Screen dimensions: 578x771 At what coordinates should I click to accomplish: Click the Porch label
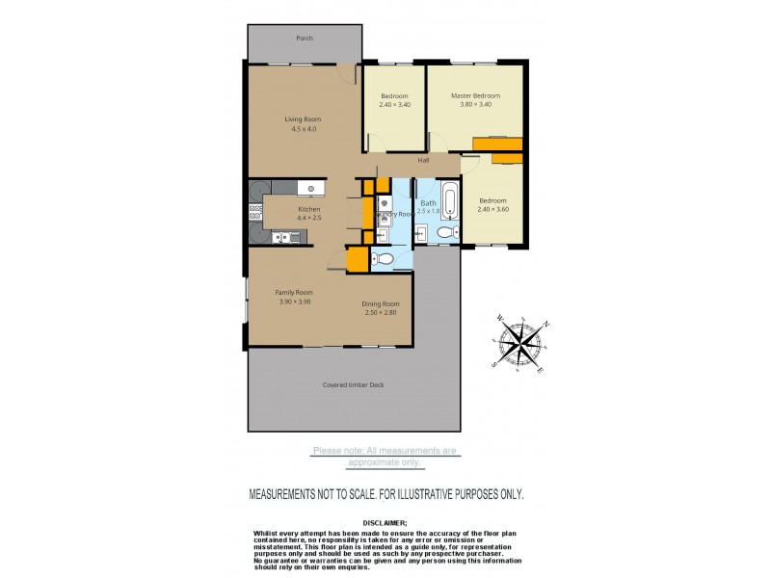click(x=304, y=39)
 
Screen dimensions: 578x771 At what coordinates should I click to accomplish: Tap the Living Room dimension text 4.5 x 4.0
click(x=300, y=129)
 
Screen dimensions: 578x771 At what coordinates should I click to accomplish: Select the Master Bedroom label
click(x=476, y=96)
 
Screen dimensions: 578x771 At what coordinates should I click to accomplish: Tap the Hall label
click(x=423, y=160)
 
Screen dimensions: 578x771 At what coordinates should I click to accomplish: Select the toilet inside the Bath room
click(x=445, y=232)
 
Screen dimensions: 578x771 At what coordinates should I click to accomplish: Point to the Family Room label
click(x=294, y=292)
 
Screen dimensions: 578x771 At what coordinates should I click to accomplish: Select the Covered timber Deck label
click(x=353, y=385)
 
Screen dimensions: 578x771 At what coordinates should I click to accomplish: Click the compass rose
click(x=521, y=341)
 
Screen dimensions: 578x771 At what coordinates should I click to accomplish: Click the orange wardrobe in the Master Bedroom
click(x=497, y=144)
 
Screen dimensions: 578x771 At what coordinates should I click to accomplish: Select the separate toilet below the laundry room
click(x=382, y=257)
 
